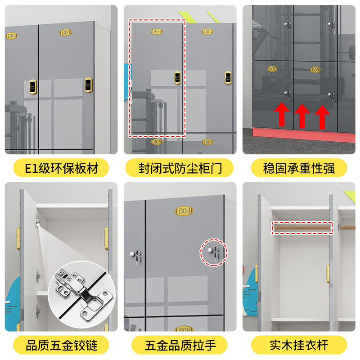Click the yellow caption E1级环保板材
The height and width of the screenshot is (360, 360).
[x=61, y=168]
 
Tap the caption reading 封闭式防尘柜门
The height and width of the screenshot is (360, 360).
[x=180, y=168]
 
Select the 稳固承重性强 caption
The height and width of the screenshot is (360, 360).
[x=299, y=168]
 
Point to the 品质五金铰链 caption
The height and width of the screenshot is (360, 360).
[x=61, y=345]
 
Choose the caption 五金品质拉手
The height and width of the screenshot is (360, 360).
[x=180, y=345]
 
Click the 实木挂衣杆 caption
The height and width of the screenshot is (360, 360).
[x=299, y=345]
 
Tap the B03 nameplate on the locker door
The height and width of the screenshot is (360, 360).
[x=11, y=35]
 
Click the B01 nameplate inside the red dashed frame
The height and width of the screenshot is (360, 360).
[x=157, y=31]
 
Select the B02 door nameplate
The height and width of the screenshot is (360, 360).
[x=207, y=31]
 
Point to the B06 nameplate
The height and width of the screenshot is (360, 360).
[x=207, y=142]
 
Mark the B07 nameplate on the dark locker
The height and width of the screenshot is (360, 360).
[x=272, y=69]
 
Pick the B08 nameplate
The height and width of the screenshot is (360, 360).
[x=315, y=70]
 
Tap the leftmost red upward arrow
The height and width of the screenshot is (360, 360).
[x=282, y=113]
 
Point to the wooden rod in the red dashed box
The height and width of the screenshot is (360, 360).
[x=302, y=228]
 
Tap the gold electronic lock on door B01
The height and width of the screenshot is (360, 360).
[x=178, y=77]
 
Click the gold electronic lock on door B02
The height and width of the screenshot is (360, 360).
[x=228, y=77]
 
